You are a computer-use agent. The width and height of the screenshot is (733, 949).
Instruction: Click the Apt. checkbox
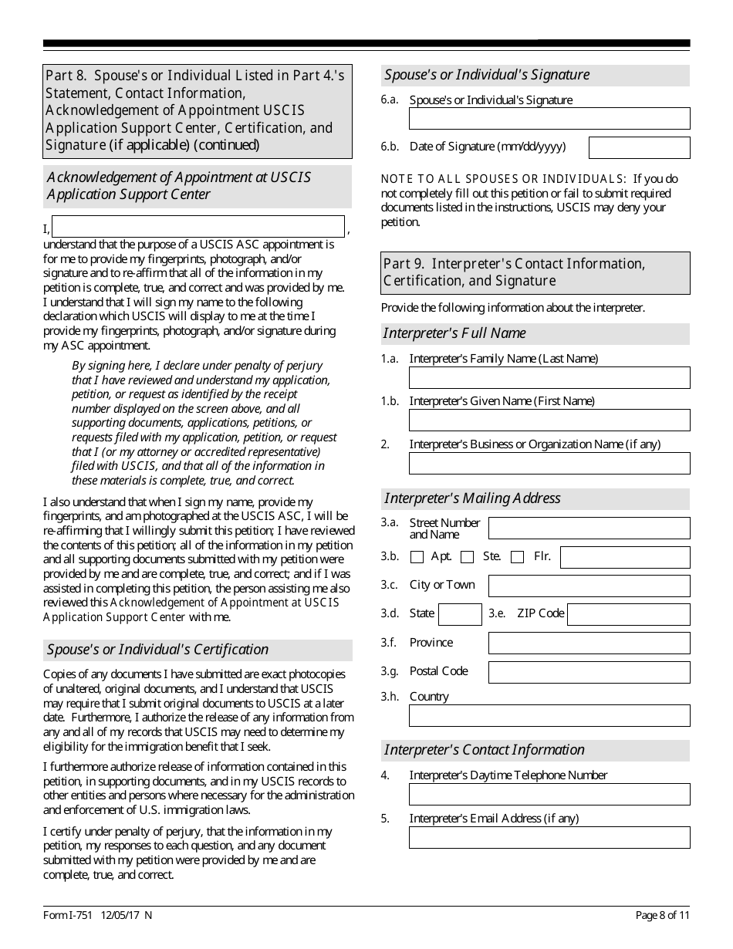417,557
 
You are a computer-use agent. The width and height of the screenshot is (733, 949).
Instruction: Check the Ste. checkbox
467,557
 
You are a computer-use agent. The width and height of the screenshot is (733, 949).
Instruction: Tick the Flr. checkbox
518,557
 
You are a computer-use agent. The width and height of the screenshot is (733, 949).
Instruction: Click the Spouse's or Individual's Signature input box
549,119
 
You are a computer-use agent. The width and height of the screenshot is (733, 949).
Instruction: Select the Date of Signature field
639,147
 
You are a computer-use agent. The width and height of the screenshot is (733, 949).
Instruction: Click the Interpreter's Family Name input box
549,377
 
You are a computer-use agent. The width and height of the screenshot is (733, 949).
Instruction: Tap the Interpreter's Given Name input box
549,420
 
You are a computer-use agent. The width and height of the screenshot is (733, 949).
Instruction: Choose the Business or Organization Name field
549,463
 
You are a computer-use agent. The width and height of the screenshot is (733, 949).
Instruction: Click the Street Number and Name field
589,529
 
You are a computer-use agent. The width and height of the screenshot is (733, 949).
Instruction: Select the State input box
460,614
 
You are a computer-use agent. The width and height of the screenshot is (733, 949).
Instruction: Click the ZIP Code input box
629,614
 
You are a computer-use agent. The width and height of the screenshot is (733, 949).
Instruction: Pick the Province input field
589,643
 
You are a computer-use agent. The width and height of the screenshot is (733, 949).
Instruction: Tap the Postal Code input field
589,672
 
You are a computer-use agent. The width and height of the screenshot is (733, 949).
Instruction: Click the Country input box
549,715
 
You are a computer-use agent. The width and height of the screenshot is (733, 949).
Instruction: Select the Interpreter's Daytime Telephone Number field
549,795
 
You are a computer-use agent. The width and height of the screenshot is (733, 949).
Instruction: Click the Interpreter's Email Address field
549,837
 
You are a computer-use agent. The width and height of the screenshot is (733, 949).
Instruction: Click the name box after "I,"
198,226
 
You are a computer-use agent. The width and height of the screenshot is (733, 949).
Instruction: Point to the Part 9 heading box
536,272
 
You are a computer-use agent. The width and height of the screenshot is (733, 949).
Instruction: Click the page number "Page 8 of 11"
662,916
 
